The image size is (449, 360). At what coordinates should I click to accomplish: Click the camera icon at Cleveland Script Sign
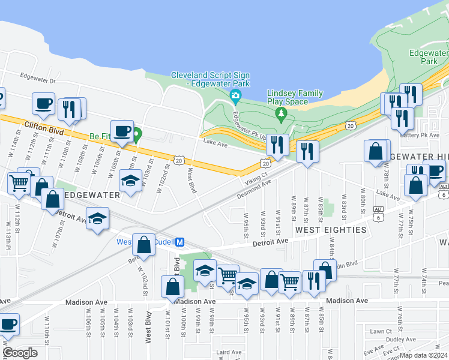236,95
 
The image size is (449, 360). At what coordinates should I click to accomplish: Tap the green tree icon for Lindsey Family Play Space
280,113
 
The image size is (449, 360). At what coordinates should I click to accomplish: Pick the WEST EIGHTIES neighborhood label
330,230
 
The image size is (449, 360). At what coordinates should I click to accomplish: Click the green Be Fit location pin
137,135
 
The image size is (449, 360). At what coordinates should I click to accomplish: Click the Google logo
20,353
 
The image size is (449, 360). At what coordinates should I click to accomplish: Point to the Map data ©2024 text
423,355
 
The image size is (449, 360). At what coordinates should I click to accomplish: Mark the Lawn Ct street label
381,331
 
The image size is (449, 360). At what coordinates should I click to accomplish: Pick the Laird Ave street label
229,352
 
